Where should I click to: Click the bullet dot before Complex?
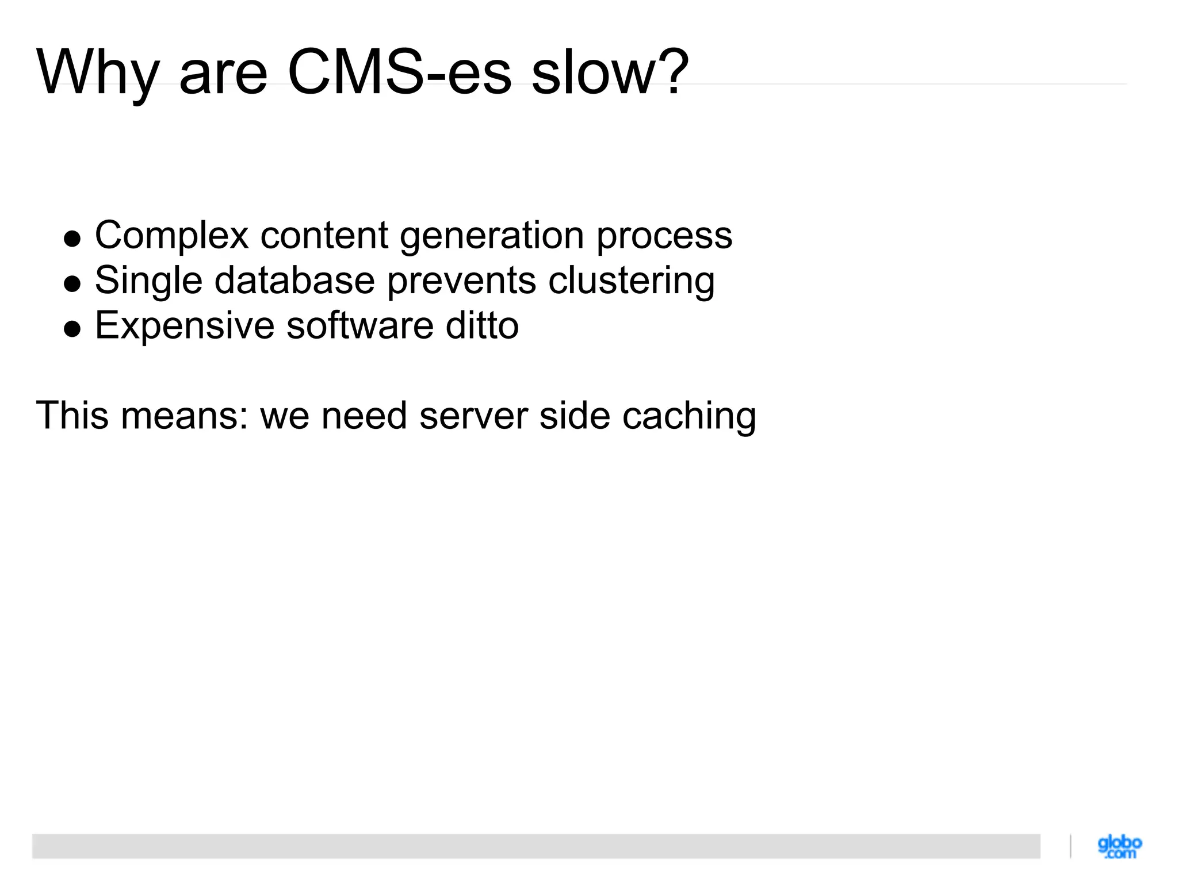click(72, 239)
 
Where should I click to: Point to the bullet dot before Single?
click(72, 283)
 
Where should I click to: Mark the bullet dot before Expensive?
click(72, 328)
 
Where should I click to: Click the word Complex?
click(171, 236)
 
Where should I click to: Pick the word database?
click(294, 281)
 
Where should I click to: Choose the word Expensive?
click(184, 326)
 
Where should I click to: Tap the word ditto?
click(482, 325)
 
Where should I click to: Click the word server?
click(473, 416)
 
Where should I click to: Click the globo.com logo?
click(1119, 847)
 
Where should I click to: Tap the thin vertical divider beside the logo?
click(1070, 846)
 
